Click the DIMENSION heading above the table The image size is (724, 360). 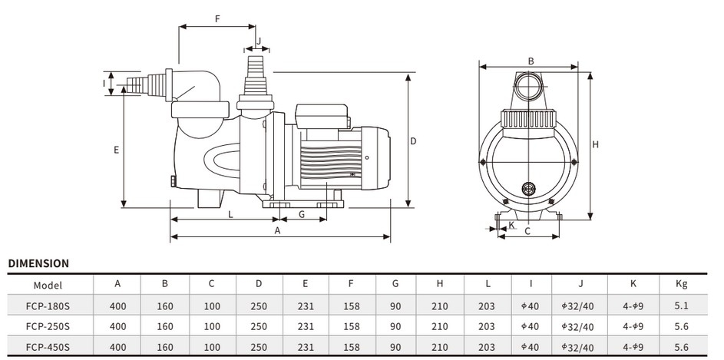pos(38,263)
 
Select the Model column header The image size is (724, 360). pos(48,284)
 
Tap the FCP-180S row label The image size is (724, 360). pos(48,305)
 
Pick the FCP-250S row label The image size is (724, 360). pos(48,325)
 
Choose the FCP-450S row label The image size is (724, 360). pos(48,345)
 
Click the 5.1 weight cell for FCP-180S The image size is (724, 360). pos(681,305)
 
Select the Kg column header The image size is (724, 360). pos(681,284)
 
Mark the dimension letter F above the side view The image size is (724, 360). pos(218,18)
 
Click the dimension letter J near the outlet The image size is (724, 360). pos(259,41)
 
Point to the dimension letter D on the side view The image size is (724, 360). pos(413,141)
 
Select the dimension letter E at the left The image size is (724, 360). pos(116,150)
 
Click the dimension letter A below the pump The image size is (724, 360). pos(278,230)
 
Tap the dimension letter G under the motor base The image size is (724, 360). pos(302,215)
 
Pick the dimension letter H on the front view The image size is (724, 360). pos(596,144)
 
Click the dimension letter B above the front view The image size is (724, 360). pos(530,61)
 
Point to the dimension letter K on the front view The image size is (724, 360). pos(511,225)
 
